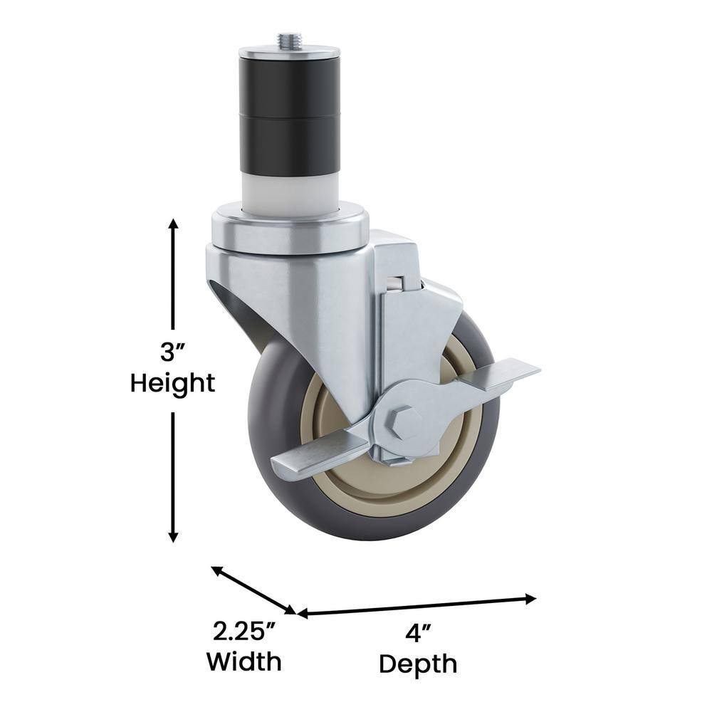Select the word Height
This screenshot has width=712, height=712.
pyautogui.click(x=172, y=384)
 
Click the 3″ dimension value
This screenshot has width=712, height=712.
pyautogui.click(x=172, y=352)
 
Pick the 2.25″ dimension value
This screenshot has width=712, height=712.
pyautogui.click(x=244, y=631)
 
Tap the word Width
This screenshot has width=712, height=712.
pyautogui.click(x=244, y=662)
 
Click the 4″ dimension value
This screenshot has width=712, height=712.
pyautogui.click(x=418, y=632)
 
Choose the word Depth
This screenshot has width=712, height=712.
pyautogui.click(x=418, y=664)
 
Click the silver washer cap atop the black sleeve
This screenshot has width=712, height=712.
pyautogui.click(x=290, y=52)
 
